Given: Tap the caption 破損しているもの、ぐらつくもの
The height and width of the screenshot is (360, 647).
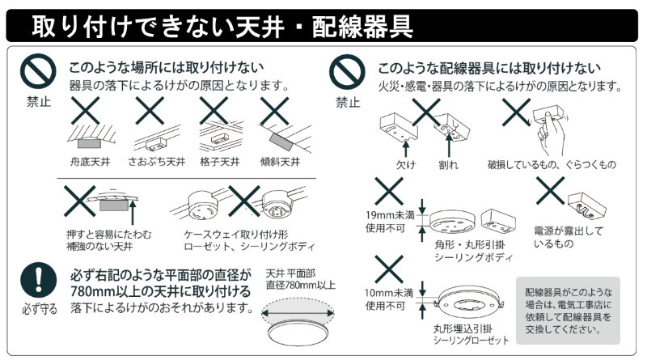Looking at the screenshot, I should [x=551, y=164].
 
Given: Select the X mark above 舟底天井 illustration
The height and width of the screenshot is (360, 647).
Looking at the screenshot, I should [x=87, y=111].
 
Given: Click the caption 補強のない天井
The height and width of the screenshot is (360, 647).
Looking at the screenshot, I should [x=102, y=246].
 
